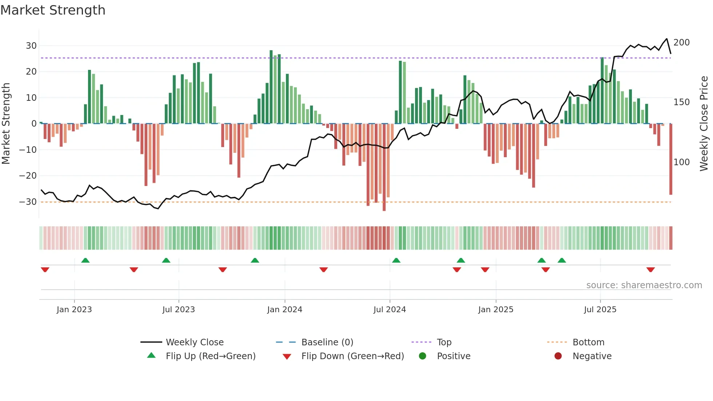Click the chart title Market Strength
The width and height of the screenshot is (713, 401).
tap(53, 10)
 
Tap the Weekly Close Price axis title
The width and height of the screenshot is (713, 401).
tap(704, 123)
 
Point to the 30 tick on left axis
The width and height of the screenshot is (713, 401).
tap(31, 46)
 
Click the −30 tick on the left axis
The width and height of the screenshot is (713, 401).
tap(28, 202)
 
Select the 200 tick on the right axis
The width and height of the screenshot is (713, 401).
tap(681, 43)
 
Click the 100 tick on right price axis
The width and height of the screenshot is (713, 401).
tap(681, 162)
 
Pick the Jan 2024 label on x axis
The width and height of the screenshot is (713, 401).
tap(284, 310)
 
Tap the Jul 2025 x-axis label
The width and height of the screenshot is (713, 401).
tap(600, 310)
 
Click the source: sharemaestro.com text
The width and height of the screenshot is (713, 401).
tap(644, 285)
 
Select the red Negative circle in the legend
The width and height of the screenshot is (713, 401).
tap(558, 356)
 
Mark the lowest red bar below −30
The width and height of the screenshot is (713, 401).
tap(384, 167)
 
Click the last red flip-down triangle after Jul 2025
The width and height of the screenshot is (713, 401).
tap(650, 270)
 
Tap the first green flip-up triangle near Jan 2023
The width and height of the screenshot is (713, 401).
tap(85, 260)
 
